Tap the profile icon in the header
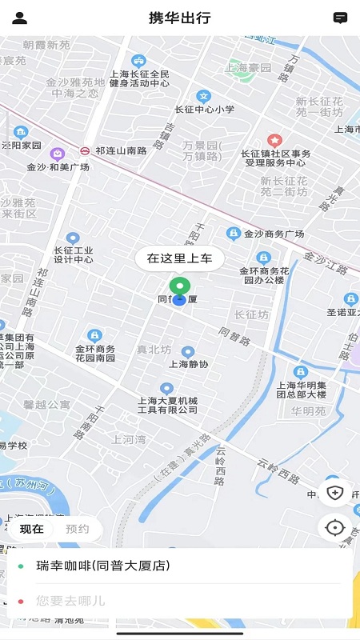(20, 18)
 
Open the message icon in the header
(340, 18)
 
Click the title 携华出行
(180, 18)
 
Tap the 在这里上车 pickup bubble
(179, 258)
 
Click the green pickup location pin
(180, 286)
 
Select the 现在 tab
(32, 529)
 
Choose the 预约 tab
(78, 529)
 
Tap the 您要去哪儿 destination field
(70, 600)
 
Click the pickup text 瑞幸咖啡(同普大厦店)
(103, 566)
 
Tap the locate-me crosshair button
(335, 527)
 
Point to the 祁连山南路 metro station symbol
(85, 150)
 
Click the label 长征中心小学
(204, 110)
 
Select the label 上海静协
(188, 364)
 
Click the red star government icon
(274, 141)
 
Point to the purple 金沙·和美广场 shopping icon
(57, 154)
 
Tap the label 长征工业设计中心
(74, 254)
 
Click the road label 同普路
(234, 334)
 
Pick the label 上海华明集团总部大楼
(301, 389)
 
